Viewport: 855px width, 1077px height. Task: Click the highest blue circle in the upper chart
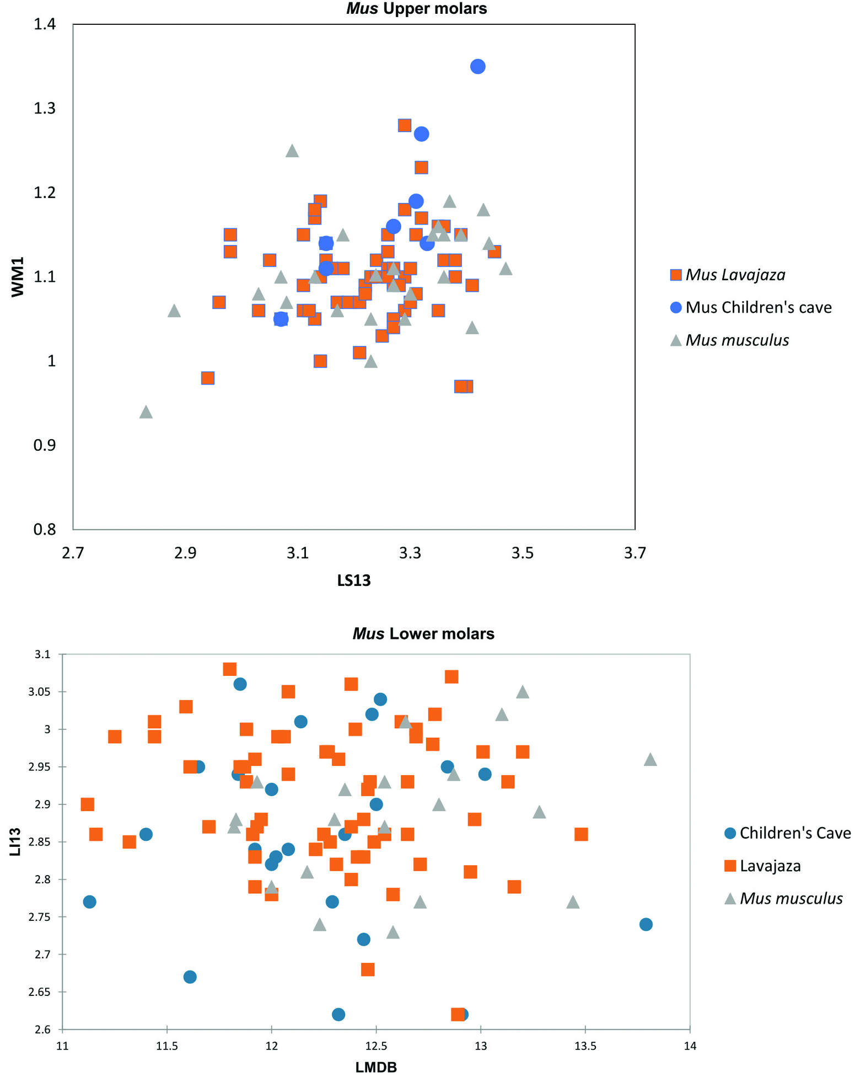(477, 67)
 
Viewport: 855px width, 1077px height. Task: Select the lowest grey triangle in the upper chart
(146, 412)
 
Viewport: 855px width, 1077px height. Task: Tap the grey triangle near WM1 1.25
(292, 151)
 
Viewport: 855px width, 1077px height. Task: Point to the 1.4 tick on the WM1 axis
(45, 24)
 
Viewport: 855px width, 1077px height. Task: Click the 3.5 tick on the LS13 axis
(523, 552)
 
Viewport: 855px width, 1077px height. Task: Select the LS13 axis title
(354, 580)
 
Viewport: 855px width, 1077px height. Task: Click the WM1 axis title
(18, 276)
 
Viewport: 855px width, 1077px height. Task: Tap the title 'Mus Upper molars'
(416, 8)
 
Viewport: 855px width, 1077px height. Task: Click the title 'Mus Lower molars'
(423, 633)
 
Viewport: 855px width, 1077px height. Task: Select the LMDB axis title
(376, 1067)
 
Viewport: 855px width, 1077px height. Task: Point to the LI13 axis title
(15, 842)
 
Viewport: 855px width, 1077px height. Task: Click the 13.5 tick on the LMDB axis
(585, 1046)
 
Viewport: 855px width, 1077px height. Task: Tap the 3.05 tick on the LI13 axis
(39, 692)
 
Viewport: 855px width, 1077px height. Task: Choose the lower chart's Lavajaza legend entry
(770, 866)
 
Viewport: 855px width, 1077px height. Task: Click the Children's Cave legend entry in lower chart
(794, 833)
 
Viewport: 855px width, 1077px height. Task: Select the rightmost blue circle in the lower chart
(646, 924)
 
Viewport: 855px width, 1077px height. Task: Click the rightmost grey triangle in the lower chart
(650, 760)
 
